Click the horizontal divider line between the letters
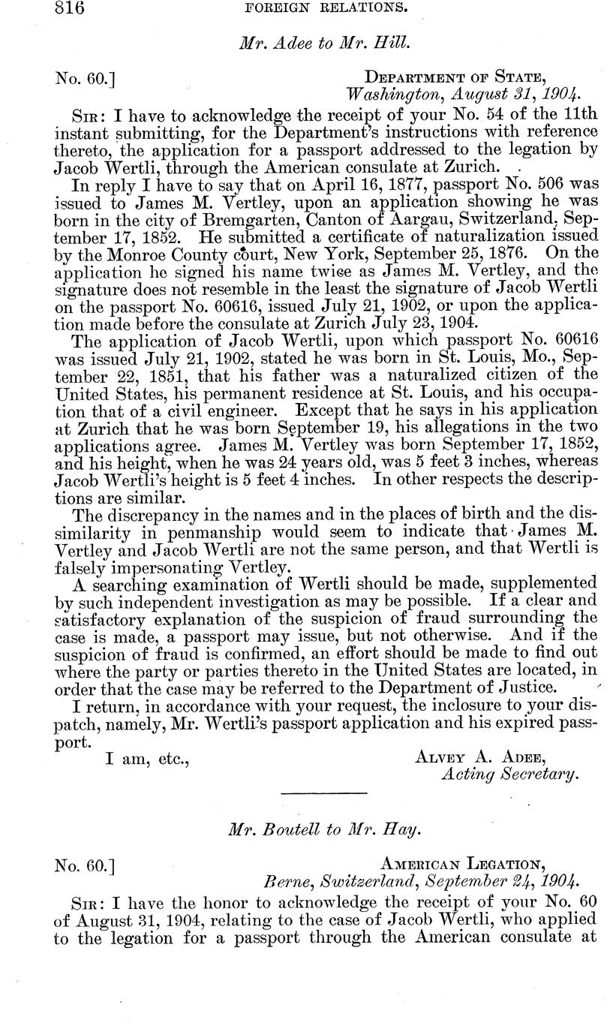click(323, 794)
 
